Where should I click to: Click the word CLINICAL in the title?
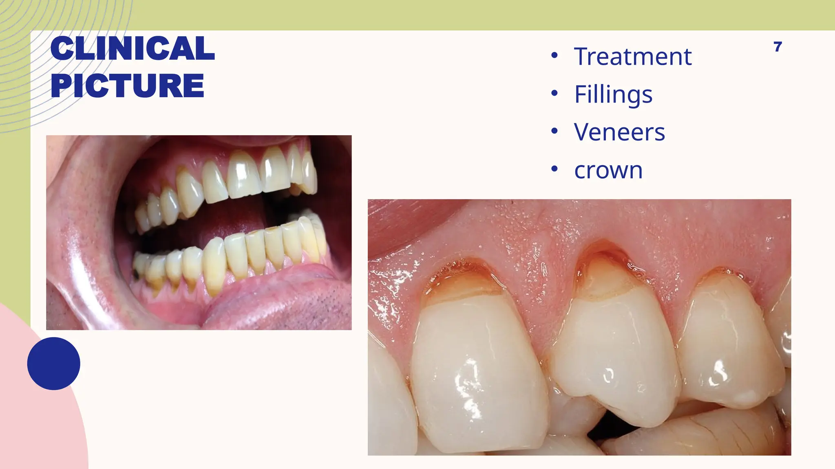point(133,48)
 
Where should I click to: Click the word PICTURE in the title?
point(127,86)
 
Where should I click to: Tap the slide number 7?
point(778,47)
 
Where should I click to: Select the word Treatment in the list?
point(632,57)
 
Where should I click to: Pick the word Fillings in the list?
point(613,94)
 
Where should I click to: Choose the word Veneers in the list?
point(619,132)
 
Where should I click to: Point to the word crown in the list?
point(608,170)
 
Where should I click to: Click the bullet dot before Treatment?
point(554,56)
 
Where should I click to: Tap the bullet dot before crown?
point(554,169)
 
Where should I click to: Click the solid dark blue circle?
point(53,364)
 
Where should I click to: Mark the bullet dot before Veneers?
point(554,131)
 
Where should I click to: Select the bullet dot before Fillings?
point(554,93)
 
